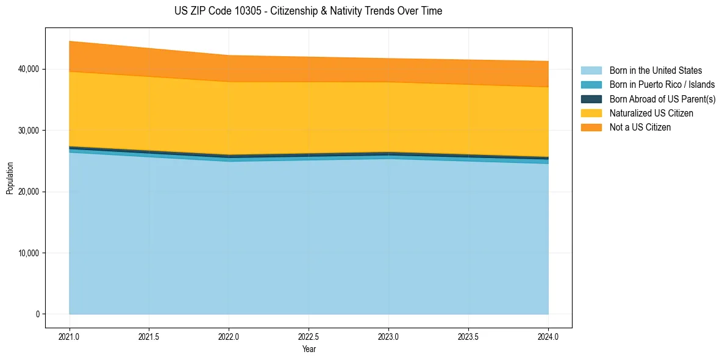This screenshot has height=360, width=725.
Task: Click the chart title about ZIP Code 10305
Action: coord(308,11)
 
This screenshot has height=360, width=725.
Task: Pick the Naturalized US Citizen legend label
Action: coord(651,113)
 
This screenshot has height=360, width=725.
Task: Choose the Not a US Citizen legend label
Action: coord(640,128)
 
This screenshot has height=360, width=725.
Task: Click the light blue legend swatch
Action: coord(591,71)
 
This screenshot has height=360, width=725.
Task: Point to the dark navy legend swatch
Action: coord(591,99)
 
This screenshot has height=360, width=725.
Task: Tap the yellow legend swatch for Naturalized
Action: coord(591,113)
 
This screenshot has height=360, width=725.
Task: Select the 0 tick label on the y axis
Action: coord(37,314)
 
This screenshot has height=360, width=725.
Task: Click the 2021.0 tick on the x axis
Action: coord(70,336)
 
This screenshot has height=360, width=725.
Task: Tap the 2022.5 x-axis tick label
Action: coord(309,336)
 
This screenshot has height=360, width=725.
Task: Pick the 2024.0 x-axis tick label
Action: coord(548,336)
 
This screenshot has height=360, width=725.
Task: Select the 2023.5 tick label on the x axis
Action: coord(468,336)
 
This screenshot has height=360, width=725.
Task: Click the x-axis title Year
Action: coord(309,349)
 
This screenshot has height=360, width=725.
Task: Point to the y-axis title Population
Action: coord(10,178)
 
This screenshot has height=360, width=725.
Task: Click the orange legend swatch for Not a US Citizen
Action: coord(591,128)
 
